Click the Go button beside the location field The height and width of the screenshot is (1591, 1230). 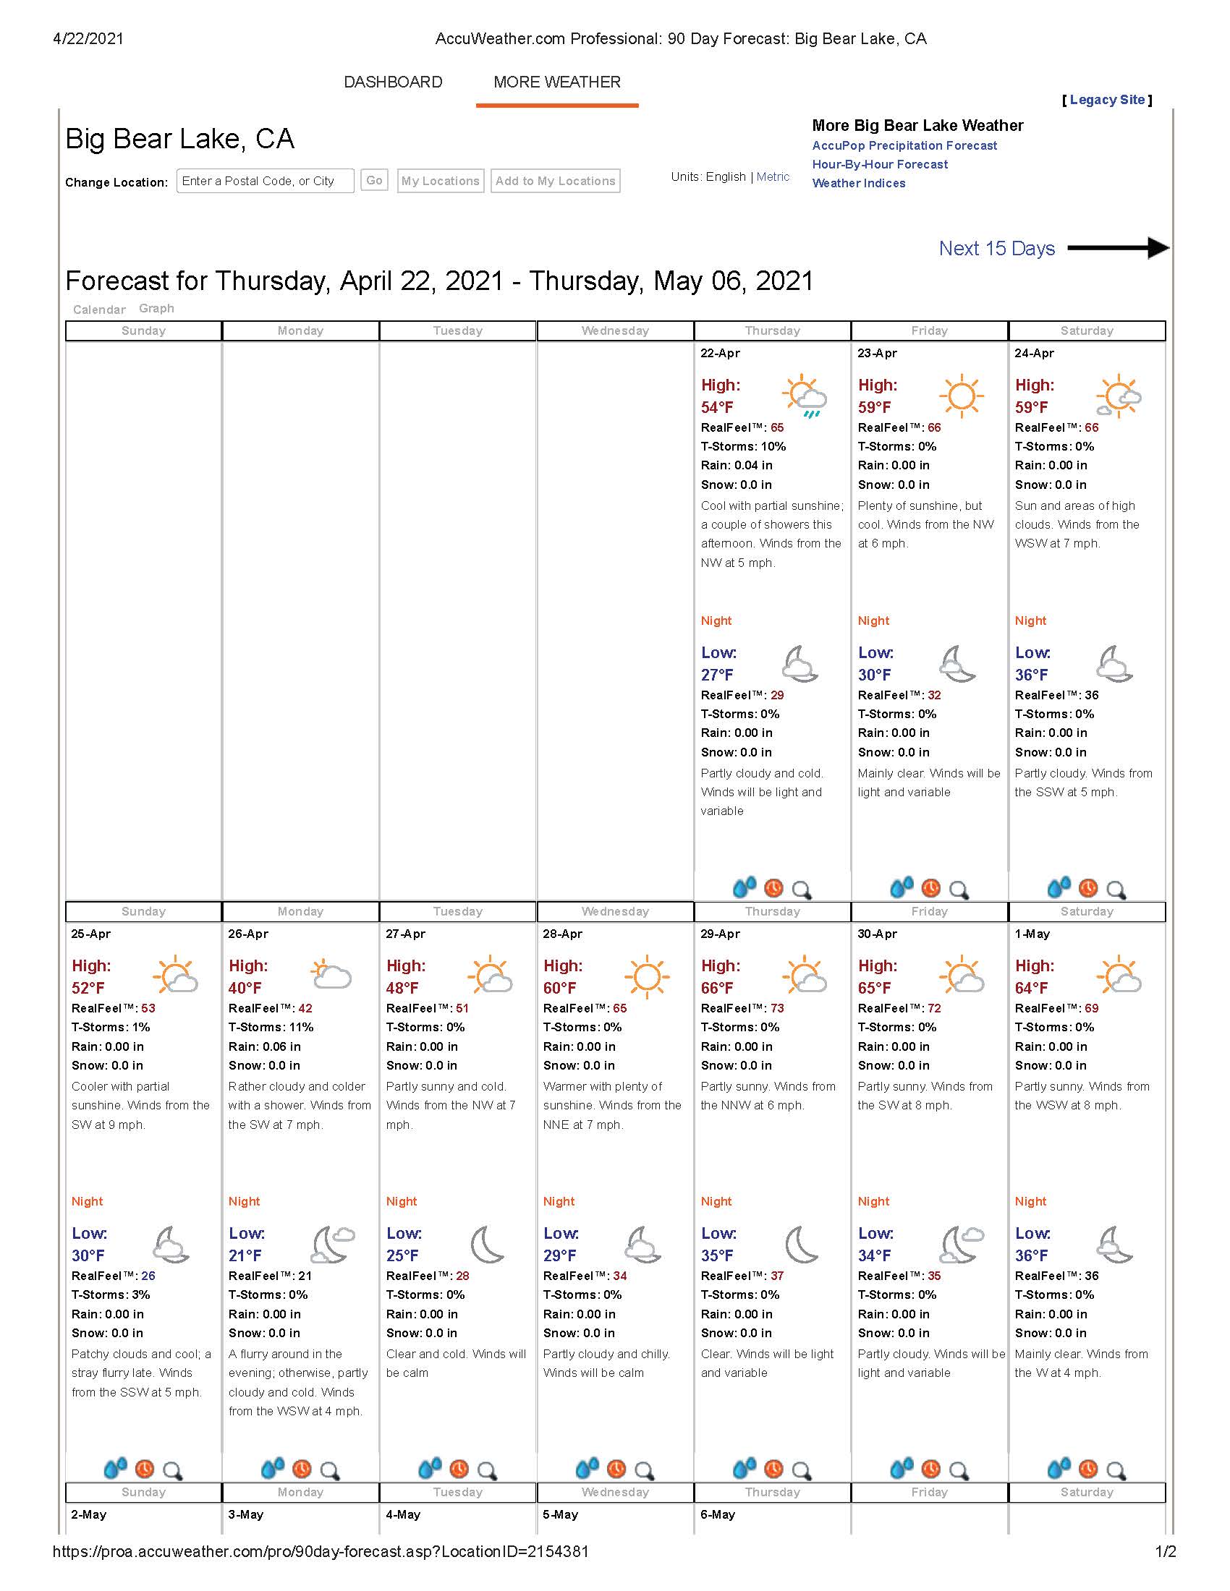(x=374, y=181)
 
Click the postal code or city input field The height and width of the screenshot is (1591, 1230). (x=265, y=181)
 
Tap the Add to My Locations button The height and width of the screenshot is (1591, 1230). (x=555, y=181)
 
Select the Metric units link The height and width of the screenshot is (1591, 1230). (x=773, y=176)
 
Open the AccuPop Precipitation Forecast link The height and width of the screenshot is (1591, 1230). (x=904, y=145)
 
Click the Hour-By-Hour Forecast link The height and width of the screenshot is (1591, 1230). (x=880, y=165)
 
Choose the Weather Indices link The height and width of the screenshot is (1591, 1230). (x=858, y=184)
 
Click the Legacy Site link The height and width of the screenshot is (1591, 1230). (x=1107, y=100)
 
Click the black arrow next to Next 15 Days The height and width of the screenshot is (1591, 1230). (x=1119, y=247)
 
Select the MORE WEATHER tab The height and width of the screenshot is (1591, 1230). (x=556, y=82)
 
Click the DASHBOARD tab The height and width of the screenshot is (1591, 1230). (x=393, y=82)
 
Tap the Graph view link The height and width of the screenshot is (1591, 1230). (x=157, y=308)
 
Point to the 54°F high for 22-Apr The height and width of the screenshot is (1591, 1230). (x=717, y=407)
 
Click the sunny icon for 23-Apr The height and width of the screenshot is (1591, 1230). (x=961, y=396)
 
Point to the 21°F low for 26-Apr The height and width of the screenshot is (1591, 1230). (x=245, y=1255)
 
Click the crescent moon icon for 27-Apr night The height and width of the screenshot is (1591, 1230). (x=487, y=1244)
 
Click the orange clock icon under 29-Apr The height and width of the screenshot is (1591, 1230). (x=773, y=1469)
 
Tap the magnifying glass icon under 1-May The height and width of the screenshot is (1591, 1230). (x=1116, y=1470)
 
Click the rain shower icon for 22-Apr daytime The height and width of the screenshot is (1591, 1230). (x=805, y=397)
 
